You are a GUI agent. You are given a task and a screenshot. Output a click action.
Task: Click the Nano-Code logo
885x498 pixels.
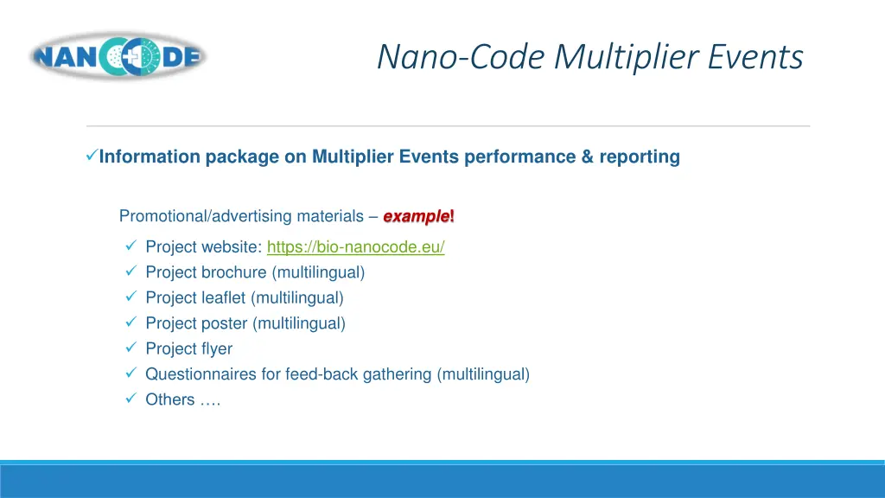(x=118, y=57)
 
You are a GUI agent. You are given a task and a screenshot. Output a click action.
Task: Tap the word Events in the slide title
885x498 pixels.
(x=756, y=57)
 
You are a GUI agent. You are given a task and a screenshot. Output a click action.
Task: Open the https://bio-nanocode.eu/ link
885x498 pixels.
(x=355, y=247)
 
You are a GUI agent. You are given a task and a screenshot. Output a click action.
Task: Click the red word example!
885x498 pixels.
(x=418, y=216)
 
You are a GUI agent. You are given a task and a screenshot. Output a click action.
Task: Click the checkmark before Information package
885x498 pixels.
(x=92, y=156)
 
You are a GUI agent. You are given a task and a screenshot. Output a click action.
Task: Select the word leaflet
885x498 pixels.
(x=224, y=298)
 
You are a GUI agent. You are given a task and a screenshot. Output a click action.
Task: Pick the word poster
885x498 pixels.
(x=224, y=324)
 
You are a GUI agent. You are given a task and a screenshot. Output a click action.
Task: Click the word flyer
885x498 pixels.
(x=217, y=349)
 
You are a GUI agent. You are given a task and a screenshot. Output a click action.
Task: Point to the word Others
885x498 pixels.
(x=169, y=399)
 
